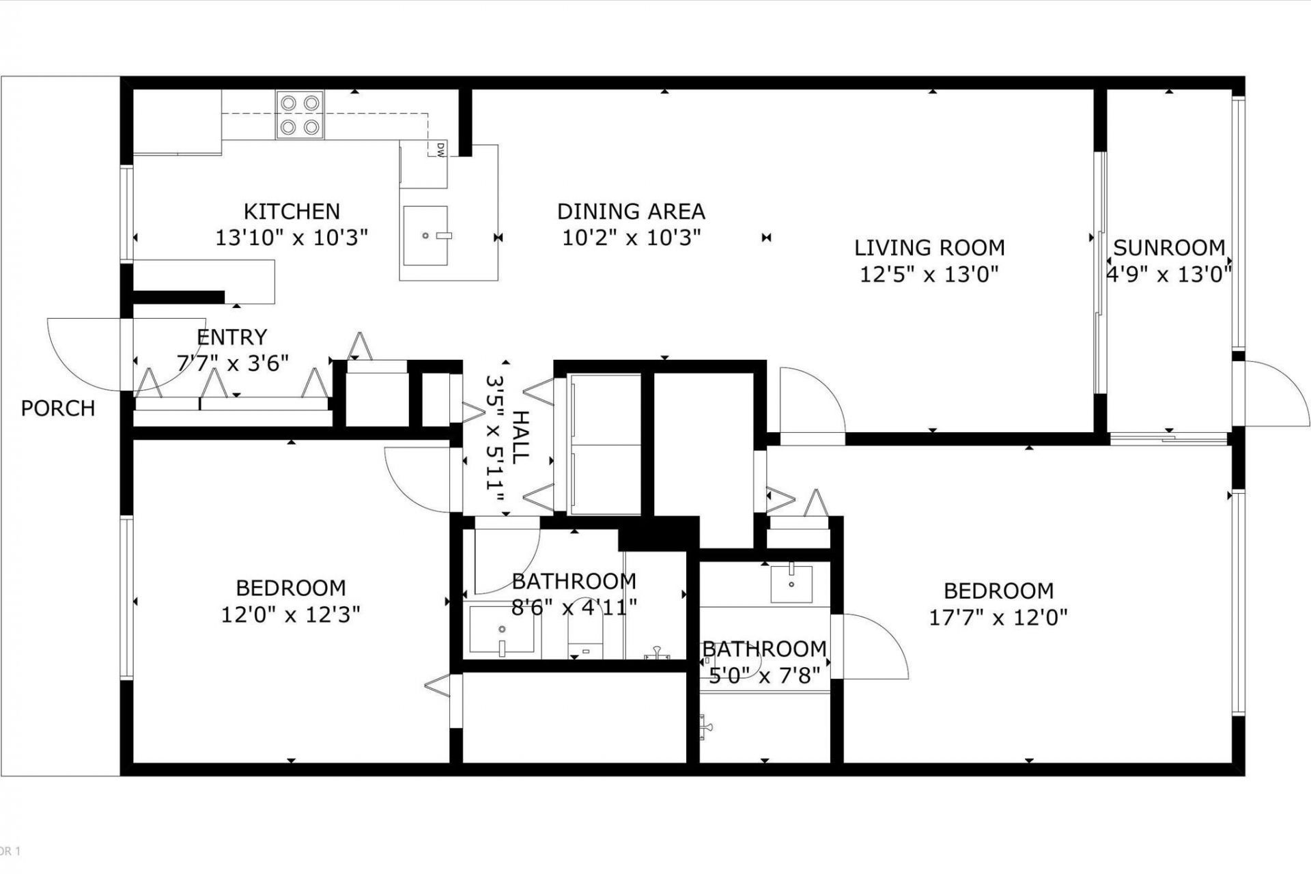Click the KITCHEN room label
click(292, 211)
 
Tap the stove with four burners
click(300, 115)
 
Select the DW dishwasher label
click(441, 150)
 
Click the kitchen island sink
click(425, 236)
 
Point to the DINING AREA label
click(631, 212)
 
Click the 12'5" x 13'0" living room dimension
click(929, 274)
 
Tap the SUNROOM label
click(1169, 247)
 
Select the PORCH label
click(58, 408)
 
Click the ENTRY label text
click(231, 337)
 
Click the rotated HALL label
click(519, 437)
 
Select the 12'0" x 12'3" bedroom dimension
click(290, 615)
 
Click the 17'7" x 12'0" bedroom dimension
click(998, 618)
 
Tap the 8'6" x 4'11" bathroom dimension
click(574, 606)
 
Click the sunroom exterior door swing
click(1270, 393)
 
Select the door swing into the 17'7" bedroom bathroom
click(874, 645)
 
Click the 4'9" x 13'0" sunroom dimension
click(1168, 274)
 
